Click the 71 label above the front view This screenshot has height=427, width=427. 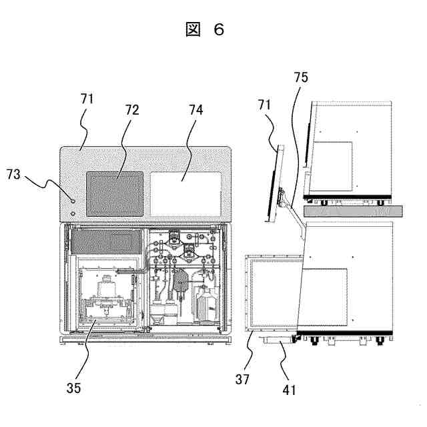[87, 100]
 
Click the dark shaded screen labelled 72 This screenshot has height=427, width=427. [115, 193]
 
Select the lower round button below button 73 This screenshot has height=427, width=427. [73, 213]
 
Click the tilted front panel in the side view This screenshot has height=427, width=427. [276, 183]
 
